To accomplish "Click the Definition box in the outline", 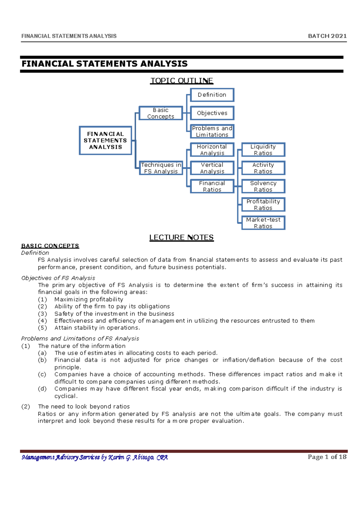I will tap(212, 95).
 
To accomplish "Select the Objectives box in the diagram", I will tap(212, 113).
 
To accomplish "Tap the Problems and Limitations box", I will tap(212, 131).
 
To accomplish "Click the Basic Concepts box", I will tap(160, 113).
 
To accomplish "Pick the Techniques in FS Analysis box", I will tap(161, 168).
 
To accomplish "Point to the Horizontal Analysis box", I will tap(212, 150).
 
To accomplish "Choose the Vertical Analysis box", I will tap(212, 168).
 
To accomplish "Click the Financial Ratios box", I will tap(212, 186).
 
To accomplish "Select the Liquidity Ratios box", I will tap(263, 150).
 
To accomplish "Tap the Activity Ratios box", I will tap(263, 168).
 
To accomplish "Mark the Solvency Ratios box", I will tap(263, 186).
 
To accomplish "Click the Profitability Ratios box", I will tap(263, 204).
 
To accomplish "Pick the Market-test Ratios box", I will tap(263, 223).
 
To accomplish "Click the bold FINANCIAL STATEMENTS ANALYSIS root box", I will tap(105, 140).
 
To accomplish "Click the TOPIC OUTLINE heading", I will tap(181, 81).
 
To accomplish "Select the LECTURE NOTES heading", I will tap(181, 237).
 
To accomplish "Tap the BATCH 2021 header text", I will tap(327, 36).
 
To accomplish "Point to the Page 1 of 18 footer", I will tap(327, 457).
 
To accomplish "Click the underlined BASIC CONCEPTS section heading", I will tap(50, 246).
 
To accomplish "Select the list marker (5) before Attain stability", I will tap(42, 328).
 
